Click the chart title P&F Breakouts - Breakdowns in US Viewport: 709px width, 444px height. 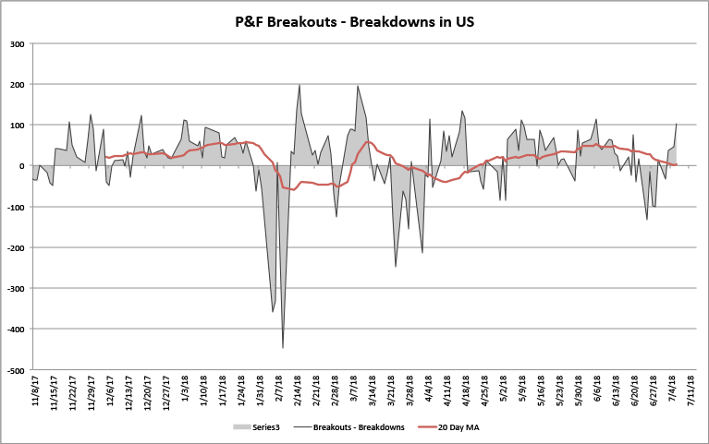pos(354,20)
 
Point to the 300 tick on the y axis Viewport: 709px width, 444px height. pos(18,43)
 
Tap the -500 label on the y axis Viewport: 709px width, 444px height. pos(16,370)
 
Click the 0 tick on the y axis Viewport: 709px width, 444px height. pos(23,166)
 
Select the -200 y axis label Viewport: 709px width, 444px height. pos(16,247)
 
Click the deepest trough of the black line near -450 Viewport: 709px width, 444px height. pos(283,348)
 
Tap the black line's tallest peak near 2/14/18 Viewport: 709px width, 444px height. pos(299,85)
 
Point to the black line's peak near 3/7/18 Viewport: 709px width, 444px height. pos(358,86)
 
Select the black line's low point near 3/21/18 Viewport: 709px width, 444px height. pos(396,267)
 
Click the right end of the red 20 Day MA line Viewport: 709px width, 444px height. pos(677,165)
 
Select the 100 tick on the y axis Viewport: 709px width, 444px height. pos(18,125)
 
